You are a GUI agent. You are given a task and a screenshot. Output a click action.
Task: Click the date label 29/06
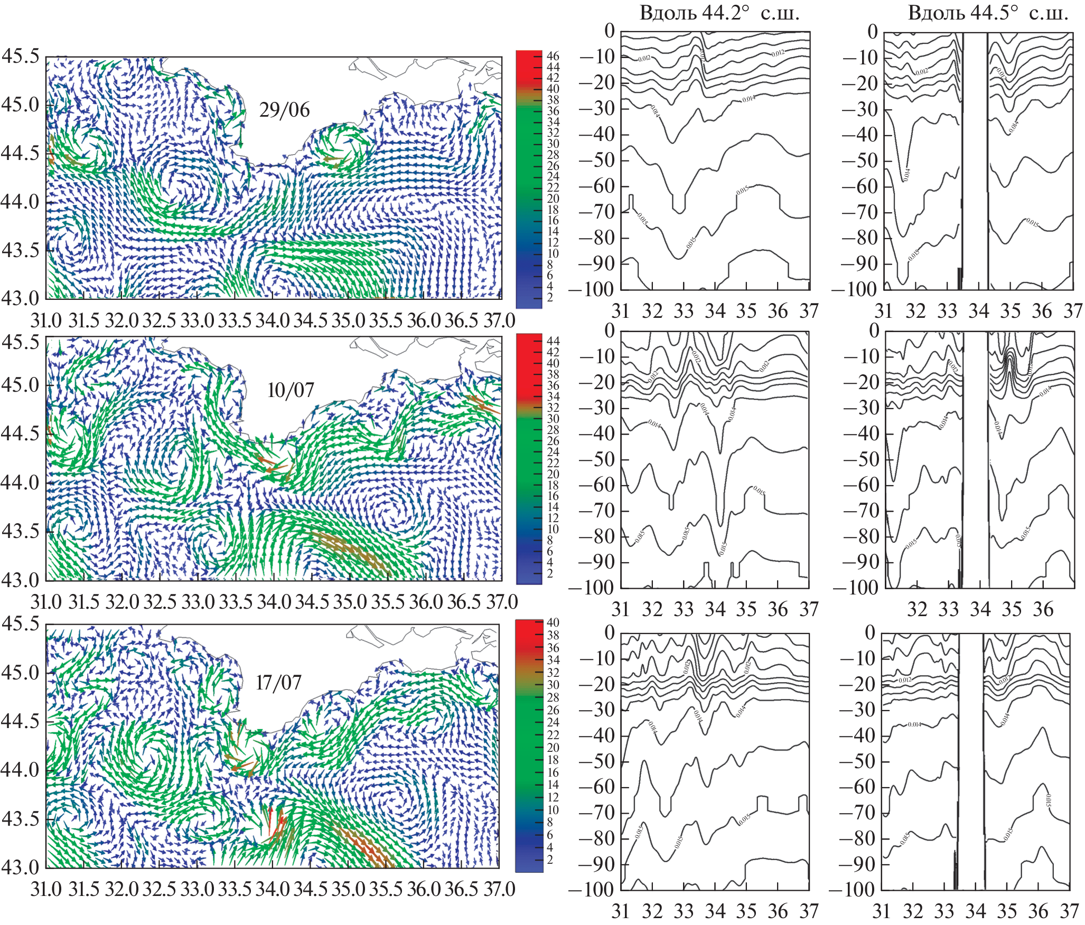(x=284, y=110)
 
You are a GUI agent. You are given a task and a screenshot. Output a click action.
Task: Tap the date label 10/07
(x=291, y=390)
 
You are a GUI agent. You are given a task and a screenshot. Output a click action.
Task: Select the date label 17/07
(x=278, y=683)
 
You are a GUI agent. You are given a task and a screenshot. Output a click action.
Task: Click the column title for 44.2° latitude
(x=719, y=13)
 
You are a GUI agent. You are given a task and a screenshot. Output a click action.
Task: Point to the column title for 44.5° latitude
(x=987, y=13)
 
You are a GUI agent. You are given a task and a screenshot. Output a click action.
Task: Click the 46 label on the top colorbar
(x=553, y=56)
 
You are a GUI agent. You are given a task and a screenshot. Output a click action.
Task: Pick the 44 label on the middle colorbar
(x=553, y=341)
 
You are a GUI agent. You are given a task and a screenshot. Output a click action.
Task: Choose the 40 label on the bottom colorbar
(x=553, y=623)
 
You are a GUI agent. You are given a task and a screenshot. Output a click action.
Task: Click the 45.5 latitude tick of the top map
(x=21, y=56)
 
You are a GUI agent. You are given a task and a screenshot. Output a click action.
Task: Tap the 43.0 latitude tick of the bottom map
(x=21, y=867)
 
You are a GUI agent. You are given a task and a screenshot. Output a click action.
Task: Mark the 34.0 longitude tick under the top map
(x=273, y=320)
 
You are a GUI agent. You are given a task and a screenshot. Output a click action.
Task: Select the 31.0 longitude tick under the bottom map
(x=46, y=889)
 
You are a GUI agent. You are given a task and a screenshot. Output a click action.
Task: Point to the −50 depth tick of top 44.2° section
(x=597, y=160)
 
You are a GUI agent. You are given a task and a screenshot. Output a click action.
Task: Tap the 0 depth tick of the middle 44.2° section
(x=610, y=331)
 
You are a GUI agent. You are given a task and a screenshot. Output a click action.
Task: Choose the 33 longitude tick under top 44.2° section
(x=684, y=311)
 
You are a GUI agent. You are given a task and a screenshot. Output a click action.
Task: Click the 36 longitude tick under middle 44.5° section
(x=1043, y=609)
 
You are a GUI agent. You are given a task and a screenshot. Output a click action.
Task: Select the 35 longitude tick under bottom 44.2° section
(x=746, y=911)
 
